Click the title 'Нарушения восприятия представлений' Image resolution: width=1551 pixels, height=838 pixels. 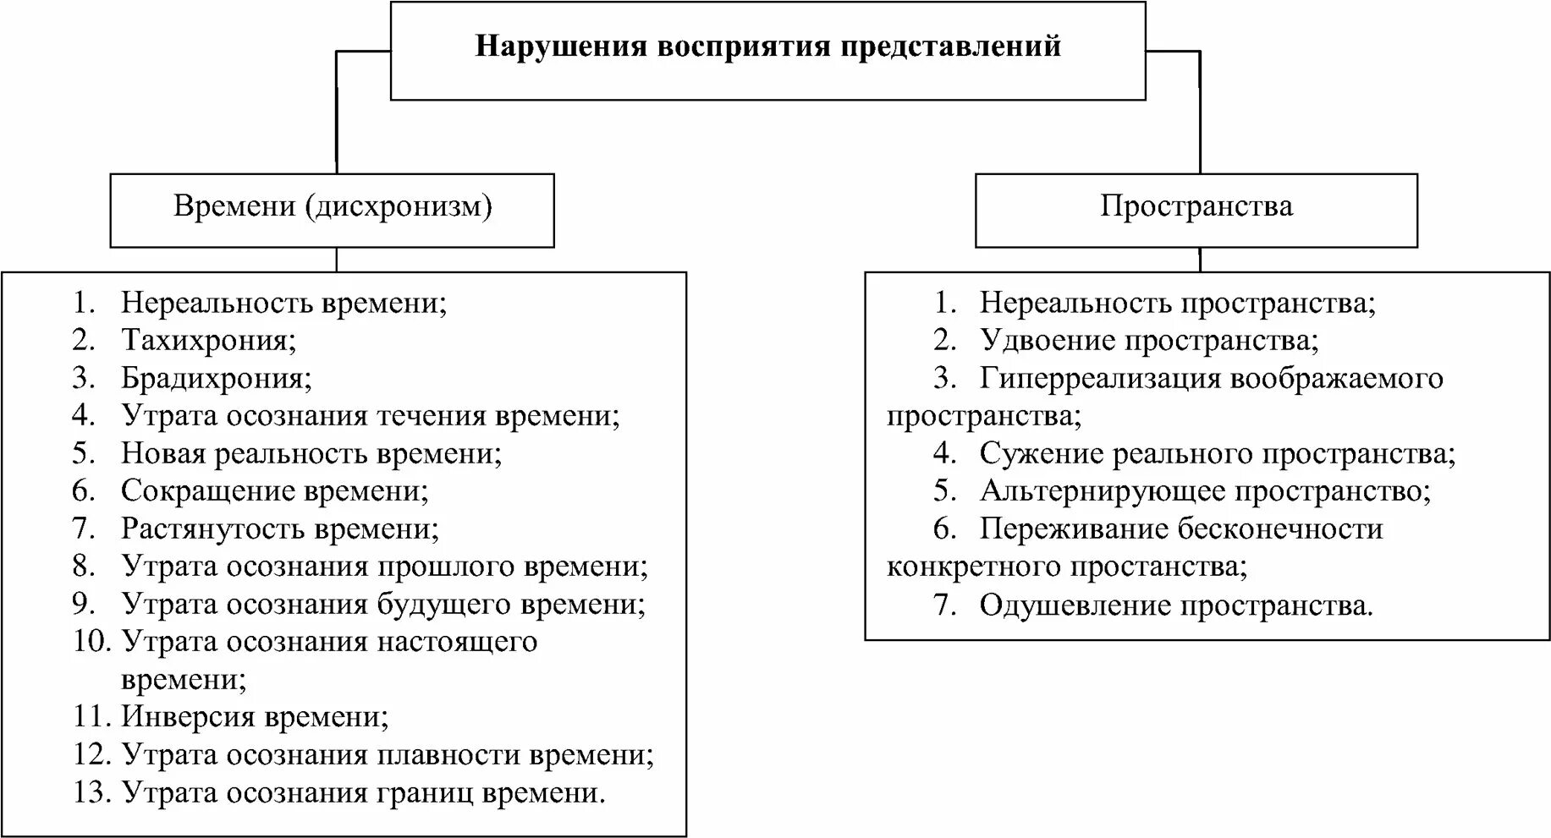(767, 46)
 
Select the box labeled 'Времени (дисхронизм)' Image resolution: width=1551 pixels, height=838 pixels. (333, 207)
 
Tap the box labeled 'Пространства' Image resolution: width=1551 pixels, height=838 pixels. (1196, 207)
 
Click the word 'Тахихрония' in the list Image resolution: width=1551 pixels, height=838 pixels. (208, 340)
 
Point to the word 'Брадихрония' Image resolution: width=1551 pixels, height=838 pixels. (216, 378)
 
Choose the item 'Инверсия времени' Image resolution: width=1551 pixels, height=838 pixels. (254, 717)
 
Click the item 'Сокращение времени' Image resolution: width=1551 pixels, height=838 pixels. (274, 490)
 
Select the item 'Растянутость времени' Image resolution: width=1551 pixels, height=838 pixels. (279, 529)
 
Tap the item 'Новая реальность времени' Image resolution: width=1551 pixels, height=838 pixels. (311, 453)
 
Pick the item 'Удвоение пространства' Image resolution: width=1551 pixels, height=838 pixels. (1148, 340)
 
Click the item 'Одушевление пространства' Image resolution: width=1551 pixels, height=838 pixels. (1175, 605)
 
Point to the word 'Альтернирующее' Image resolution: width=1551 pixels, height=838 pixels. (1102, 490)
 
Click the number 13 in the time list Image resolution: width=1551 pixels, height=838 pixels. (91, 792)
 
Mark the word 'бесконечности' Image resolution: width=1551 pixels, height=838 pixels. (1278, 529)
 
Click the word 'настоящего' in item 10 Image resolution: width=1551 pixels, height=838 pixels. (456, 642)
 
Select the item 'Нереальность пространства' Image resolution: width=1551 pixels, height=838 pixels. (1177, 303)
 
